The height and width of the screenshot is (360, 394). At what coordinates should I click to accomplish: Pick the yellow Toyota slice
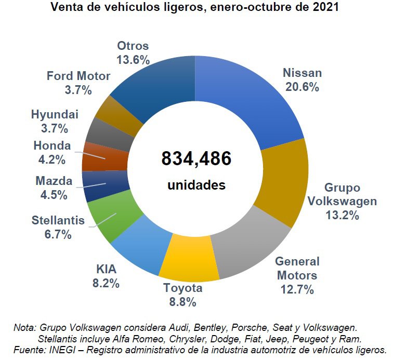point(188,257)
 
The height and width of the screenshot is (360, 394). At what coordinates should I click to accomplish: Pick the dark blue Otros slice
point(156,86)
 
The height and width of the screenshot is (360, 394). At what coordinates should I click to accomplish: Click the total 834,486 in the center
point(196,159)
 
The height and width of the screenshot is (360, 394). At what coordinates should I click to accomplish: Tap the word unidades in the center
point(196,185)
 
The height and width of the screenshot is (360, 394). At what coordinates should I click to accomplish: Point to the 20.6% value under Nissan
point(302,87)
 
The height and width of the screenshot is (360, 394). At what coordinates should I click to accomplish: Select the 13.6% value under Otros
point(133,60)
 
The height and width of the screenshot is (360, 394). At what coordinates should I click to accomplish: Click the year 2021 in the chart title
point(322,8)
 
